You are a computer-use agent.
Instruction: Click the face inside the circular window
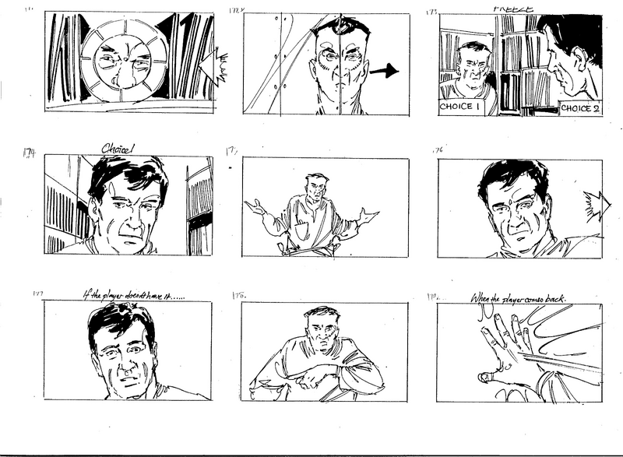pyautogui.click(x=128, y=62)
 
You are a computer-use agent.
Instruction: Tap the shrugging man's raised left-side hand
pyautogui.click(x=255, y=206)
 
